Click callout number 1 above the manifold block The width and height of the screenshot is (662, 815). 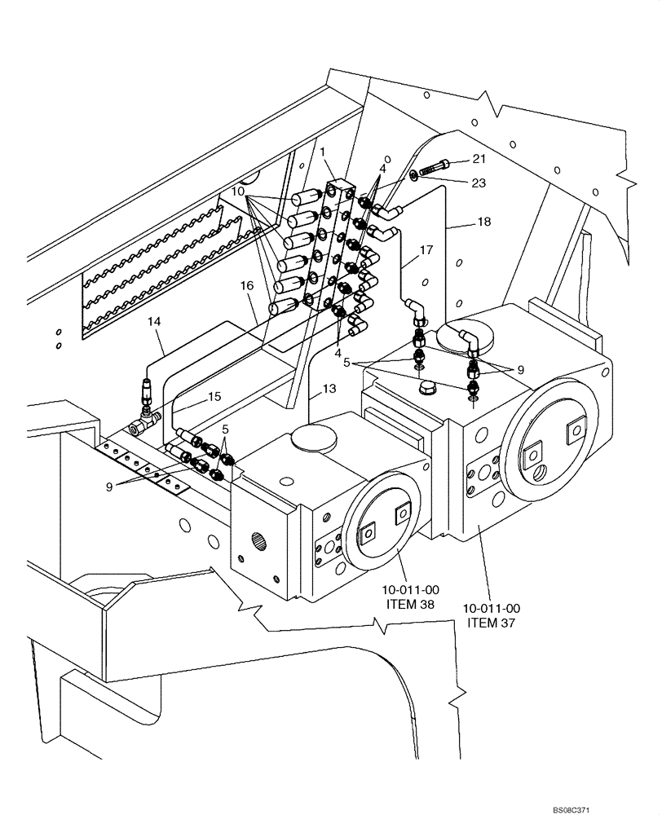point(323,152)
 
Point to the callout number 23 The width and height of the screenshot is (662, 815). point(478,183)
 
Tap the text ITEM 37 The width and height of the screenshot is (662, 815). point(492,623)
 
